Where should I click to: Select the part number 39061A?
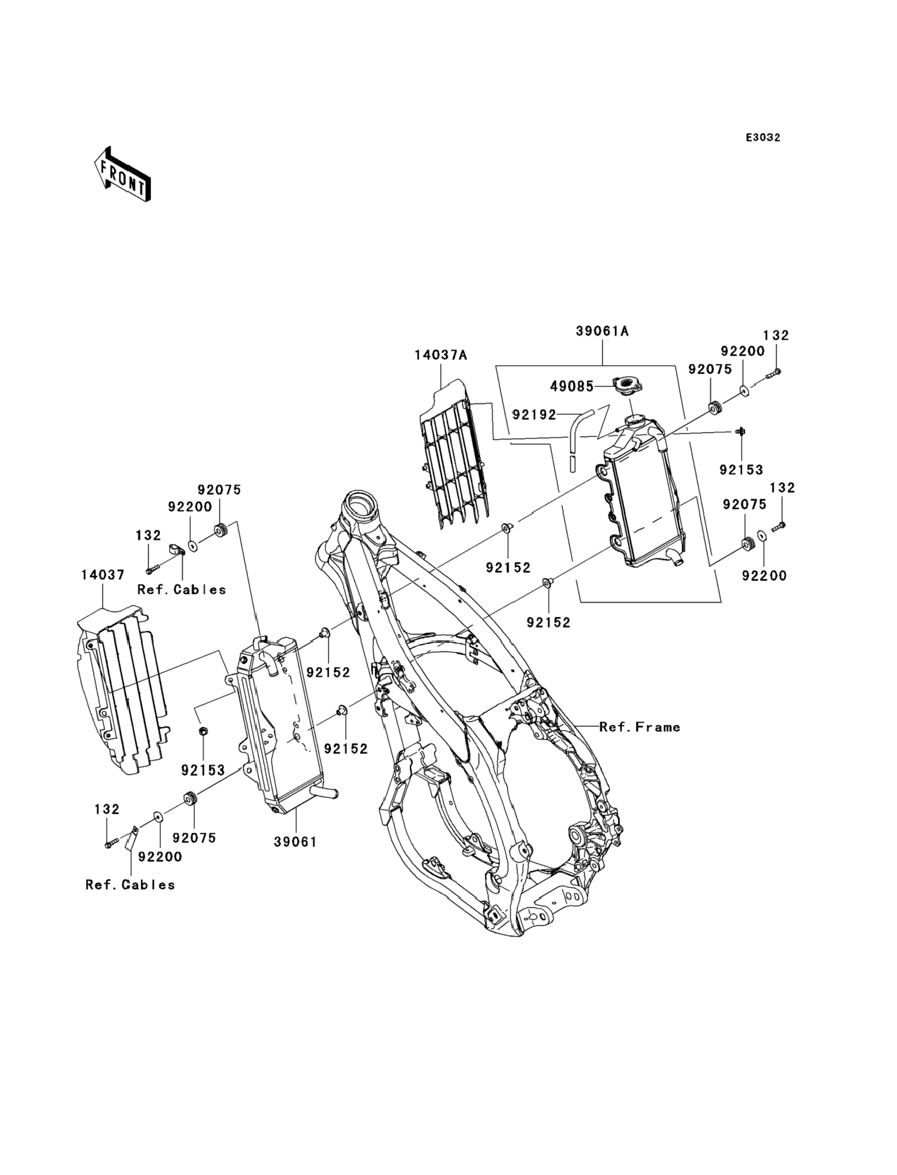[x=602, y=331]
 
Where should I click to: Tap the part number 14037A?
[x=441, y=355]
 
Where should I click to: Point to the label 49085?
[x=572, y=386]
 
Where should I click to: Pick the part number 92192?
[x=535, y=414]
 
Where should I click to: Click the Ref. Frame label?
[x=639, y=727]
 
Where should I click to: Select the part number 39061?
[x=296, y=842]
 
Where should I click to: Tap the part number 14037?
[x=103, y=575]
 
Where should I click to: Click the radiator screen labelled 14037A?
[x=454, y=454]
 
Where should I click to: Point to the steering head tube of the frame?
[x=361, y=507]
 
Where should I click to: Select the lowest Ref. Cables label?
[x=130, y=885]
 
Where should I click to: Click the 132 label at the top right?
[x=776, y=335]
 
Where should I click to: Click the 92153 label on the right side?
[x=741, y=470]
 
